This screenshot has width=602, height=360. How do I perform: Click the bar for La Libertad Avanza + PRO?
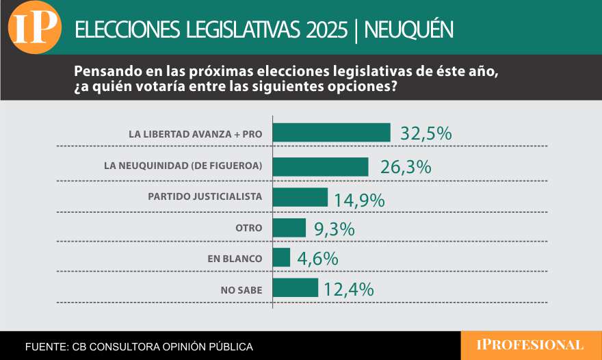(x=331, y=133)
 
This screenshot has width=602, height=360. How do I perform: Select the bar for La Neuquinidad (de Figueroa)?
(x=320, y=166)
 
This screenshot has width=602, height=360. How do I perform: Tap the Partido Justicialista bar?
(x=300, y=197)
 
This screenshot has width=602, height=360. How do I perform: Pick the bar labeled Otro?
(x=289, y=228)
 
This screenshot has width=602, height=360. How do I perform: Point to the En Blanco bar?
(x=281, y=257)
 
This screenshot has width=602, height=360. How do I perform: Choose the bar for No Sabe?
(x=295, y=287)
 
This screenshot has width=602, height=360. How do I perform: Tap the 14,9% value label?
(x=359, y=200)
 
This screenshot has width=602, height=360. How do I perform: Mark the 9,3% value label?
(x=334, y=229)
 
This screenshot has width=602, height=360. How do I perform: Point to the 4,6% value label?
(x=317, y=259)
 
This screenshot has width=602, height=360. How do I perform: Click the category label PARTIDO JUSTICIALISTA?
(x=205, y=196)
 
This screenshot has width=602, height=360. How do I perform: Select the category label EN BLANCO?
(x=235, y=259)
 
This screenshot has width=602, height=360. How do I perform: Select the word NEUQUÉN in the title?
(x=408, y=29)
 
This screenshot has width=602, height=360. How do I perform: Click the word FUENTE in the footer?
(x=45, y=347)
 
